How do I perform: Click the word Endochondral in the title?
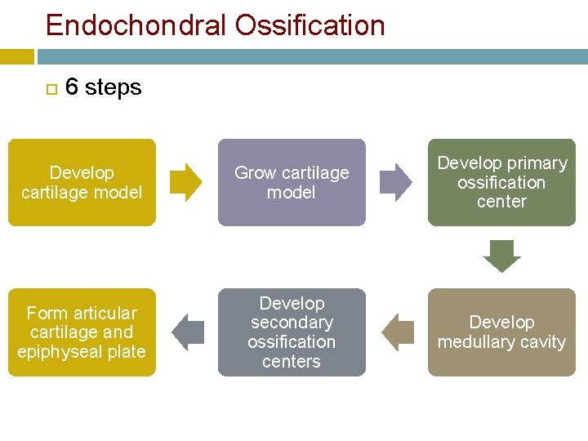click(136, 25)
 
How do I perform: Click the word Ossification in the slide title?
click(310, 25)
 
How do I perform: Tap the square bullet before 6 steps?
click(51, 87)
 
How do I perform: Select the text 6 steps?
click(103, 87)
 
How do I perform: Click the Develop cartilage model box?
click(82, 182)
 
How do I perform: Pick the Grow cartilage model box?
click(292, 182)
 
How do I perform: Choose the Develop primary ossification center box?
click(501, 182)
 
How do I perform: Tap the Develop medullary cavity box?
click(501, 332)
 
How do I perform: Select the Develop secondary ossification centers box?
click(292, 332)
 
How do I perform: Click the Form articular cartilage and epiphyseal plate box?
click(82, 332)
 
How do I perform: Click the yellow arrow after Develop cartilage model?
click(186, 182)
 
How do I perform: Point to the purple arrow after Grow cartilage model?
click(397, 182)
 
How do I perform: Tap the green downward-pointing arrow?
click(501, 256)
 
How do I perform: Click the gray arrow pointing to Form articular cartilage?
click(188, 332)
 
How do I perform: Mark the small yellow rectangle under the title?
click(16, 56)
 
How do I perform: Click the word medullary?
click(472, 342)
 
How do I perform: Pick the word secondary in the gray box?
click(292, 323)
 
